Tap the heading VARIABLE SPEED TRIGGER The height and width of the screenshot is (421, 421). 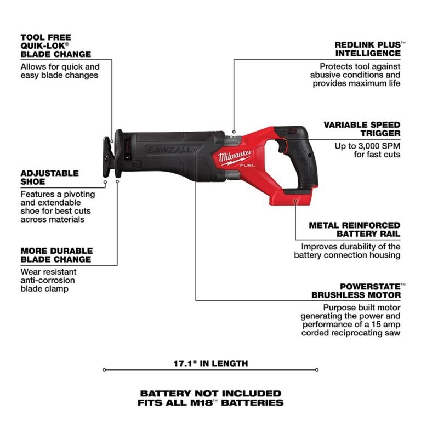(362, 129)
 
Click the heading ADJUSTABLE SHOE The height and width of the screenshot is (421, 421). (49, 177)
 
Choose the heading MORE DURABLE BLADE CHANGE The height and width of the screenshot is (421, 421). (56, 255)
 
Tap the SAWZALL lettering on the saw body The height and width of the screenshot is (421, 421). (169, 150)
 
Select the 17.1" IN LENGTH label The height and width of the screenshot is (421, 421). (210, 363)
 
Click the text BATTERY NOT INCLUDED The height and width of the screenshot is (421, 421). (210, 393)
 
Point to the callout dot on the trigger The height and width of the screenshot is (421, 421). (285, 140)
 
